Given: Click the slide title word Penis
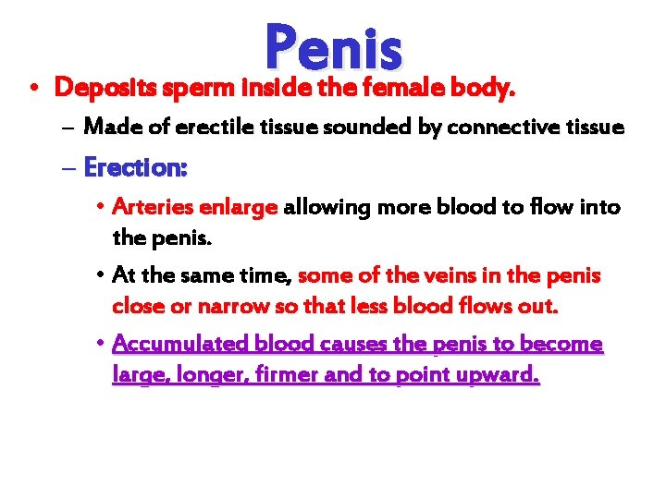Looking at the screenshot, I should tap(333, 48).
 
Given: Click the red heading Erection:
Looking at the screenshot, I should tap(135, 168).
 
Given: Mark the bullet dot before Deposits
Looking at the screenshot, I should tap(32, 89).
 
